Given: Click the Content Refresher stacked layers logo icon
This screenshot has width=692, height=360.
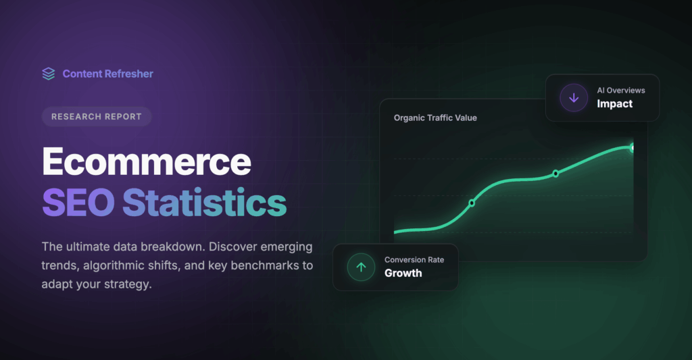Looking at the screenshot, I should (49, 74).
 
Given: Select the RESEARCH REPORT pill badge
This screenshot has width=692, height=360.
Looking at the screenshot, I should (97, 116).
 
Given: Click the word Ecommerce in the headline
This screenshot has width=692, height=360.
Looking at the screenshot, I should (147, 162).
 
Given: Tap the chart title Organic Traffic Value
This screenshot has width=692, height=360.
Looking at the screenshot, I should (435, 118).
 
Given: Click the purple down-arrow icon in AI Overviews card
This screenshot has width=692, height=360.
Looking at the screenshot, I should (574, 98).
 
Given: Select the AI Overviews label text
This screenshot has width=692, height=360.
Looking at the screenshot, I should (620, 91).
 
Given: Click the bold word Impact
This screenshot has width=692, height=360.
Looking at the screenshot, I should (614, 104).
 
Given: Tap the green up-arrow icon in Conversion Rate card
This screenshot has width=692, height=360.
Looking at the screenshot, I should (361, 267).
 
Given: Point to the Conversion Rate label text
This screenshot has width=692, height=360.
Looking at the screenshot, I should (414, 260).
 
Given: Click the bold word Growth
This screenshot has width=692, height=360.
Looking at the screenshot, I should (403, 274).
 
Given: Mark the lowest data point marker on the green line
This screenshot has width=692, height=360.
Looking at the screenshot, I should (472, 203).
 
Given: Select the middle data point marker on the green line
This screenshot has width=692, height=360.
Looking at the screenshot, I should (555, 174).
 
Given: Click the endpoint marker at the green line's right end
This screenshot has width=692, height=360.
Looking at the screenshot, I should (633, 147).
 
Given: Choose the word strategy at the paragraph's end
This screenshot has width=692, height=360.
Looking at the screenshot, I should (128, 284).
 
